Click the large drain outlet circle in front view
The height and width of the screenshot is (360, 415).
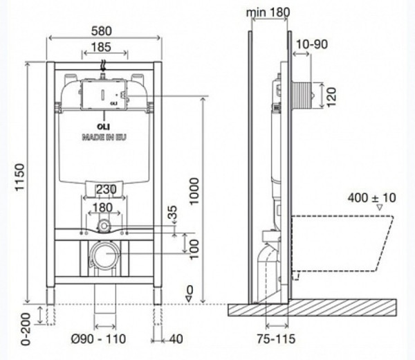(104, 256)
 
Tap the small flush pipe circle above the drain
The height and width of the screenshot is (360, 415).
(104, 225)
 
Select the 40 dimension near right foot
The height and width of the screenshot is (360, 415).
(176, 339)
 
